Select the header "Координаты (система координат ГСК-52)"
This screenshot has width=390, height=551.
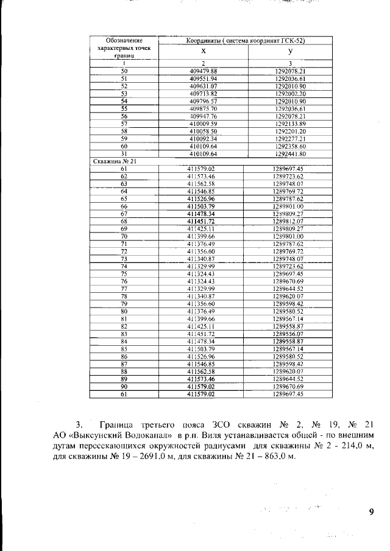245,40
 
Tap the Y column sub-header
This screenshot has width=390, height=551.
290,52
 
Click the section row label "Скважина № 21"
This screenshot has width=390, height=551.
110,161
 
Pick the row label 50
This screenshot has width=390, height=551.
124,71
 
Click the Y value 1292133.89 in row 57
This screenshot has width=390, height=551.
290,123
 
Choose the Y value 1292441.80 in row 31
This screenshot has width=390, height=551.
290,153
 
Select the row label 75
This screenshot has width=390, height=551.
124,273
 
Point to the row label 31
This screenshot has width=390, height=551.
124,153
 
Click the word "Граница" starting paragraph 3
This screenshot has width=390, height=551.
114,424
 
